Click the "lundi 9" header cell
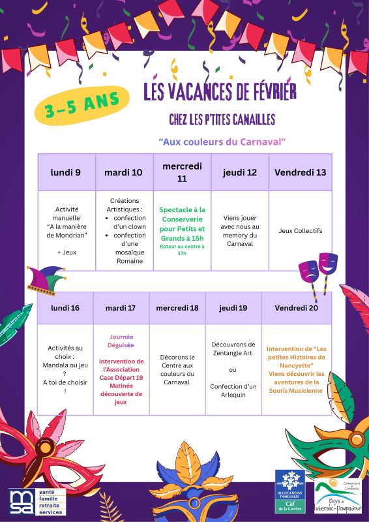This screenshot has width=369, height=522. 66,172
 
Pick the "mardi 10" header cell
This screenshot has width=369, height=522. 123,172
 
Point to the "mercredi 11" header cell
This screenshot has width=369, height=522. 182,172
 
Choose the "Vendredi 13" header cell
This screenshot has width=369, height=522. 300,172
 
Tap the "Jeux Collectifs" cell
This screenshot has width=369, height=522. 300,230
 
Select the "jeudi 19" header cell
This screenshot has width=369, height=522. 233,307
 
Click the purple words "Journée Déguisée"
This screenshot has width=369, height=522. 121,341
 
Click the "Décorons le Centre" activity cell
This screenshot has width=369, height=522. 177,369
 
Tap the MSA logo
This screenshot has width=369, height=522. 33,500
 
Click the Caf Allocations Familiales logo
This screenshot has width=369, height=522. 289,491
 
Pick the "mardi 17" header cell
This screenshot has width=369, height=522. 121,307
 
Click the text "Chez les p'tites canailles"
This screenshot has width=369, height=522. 222,119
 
